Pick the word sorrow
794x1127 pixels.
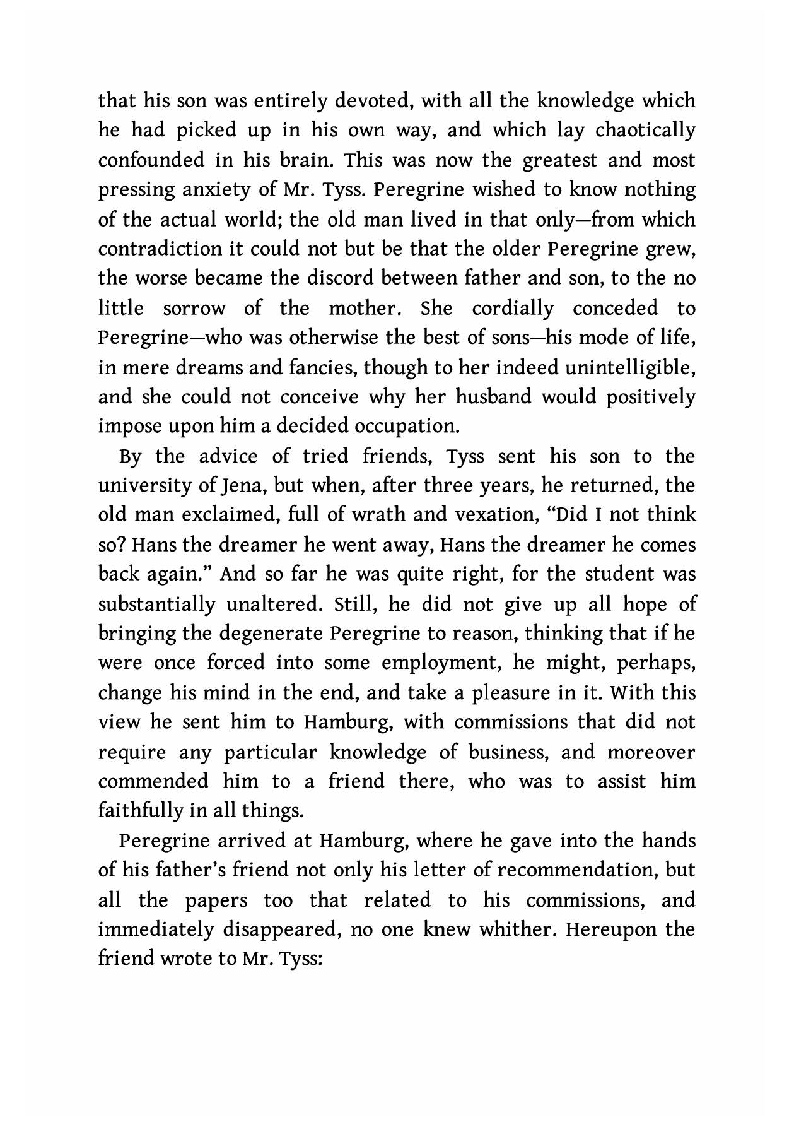(x=194, y=309)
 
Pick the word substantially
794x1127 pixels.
(x=157, y=605)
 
